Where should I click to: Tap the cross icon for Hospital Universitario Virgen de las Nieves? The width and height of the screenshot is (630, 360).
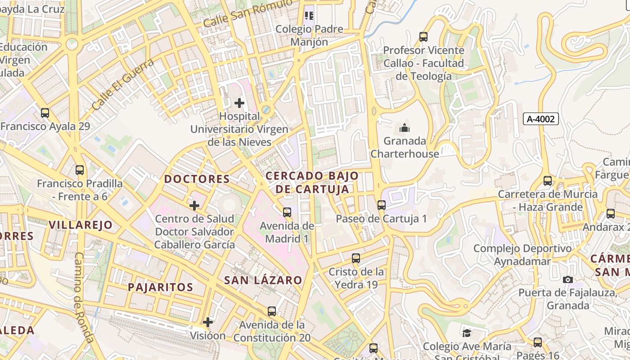coord(239,103)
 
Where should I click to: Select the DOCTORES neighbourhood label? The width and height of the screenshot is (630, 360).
coord(197,179)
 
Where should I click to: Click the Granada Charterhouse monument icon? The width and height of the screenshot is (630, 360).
coord(405,128)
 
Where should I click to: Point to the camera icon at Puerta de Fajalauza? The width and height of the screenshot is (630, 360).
coord(568,279)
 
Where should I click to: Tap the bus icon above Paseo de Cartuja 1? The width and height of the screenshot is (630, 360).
coord(382,205)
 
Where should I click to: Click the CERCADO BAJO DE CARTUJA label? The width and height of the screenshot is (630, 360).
coord(312,182)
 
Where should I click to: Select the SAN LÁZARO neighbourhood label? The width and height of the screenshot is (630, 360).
coord(263,280)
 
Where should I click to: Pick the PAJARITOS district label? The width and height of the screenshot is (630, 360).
coord(160,287)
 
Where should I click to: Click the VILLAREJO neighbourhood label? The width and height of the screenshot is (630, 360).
coord(81,225)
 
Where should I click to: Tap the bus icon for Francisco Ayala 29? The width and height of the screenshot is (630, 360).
coord(45,113)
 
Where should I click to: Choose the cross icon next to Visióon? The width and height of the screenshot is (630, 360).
coord(207,322)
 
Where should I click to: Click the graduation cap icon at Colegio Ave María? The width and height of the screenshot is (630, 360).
coord(467,333)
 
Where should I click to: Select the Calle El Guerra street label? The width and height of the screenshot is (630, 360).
coord(122,84)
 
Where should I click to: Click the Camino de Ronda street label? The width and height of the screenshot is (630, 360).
coord(84,297)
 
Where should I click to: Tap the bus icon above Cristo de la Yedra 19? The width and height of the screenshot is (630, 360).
coord(356,258)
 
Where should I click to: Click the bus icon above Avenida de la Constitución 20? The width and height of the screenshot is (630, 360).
coord(272,311)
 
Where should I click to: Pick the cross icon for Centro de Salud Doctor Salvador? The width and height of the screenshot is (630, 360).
coord(194,206)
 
